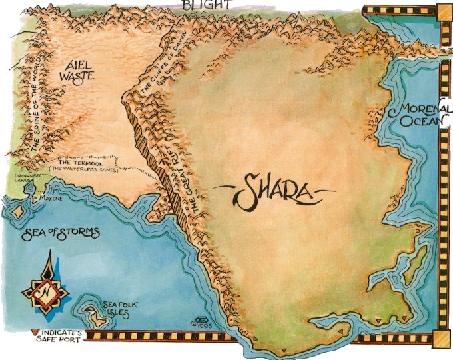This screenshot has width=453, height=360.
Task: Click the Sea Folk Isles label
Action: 120,307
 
